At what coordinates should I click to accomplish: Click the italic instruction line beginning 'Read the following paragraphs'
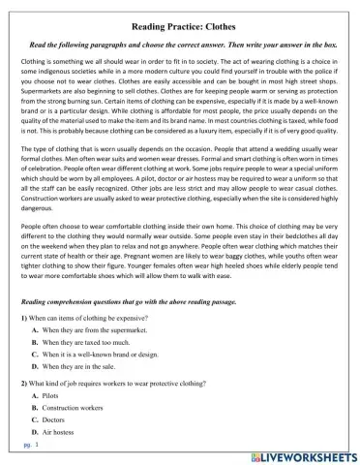180,45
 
